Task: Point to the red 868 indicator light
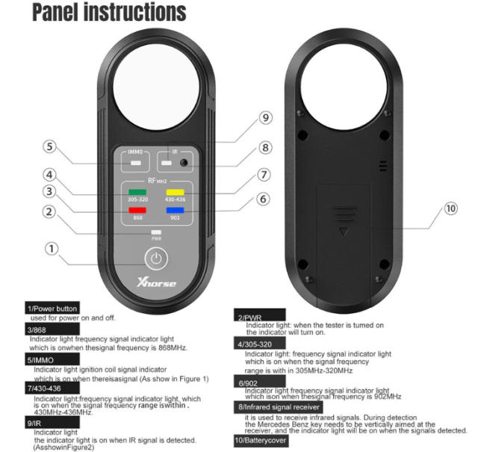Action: (136, 210)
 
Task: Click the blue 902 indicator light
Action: (176, 210)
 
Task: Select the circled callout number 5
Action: (49, 146)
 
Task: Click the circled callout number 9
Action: (265, 117)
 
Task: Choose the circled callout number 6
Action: (263, 199)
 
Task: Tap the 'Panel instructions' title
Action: (99, 13)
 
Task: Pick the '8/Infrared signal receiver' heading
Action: (279, 406)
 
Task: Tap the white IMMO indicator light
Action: (135, 161)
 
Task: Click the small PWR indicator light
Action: (156, 232)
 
